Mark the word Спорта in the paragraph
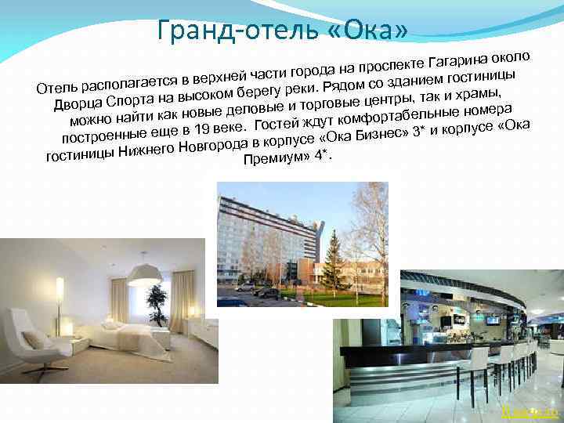[x=130, y=103]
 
